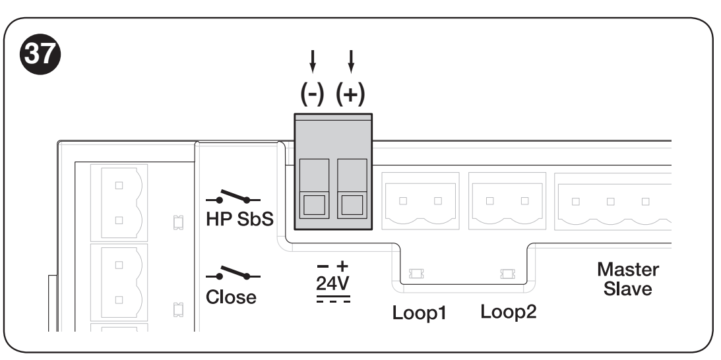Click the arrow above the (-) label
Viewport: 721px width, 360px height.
click(313, 61)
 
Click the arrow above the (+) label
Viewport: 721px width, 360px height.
click(352, 61)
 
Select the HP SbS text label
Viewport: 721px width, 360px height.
click(239, 219)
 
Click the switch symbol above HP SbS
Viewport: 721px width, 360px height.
click(233, 196)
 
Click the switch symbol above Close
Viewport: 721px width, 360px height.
click(233, 273)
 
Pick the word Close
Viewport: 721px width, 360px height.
click(231, 297)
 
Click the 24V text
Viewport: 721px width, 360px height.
click(333, 284)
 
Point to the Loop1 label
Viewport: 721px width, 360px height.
click(419, 313)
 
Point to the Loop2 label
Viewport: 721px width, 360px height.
click(509, 312)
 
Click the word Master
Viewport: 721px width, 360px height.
click(628, 270)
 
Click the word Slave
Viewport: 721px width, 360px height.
click(627, 289)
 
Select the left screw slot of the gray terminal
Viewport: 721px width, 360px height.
click(314, 204)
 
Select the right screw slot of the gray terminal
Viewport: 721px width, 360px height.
click(352, 204)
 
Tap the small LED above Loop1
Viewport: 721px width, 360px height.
click(416, 274)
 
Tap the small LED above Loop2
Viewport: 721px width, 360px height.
click(508, 274)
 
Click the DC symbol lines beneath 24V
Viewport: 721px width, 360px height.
click(333, 299)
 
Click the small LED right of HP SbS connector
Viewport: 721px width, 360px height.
click(178, 223)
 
